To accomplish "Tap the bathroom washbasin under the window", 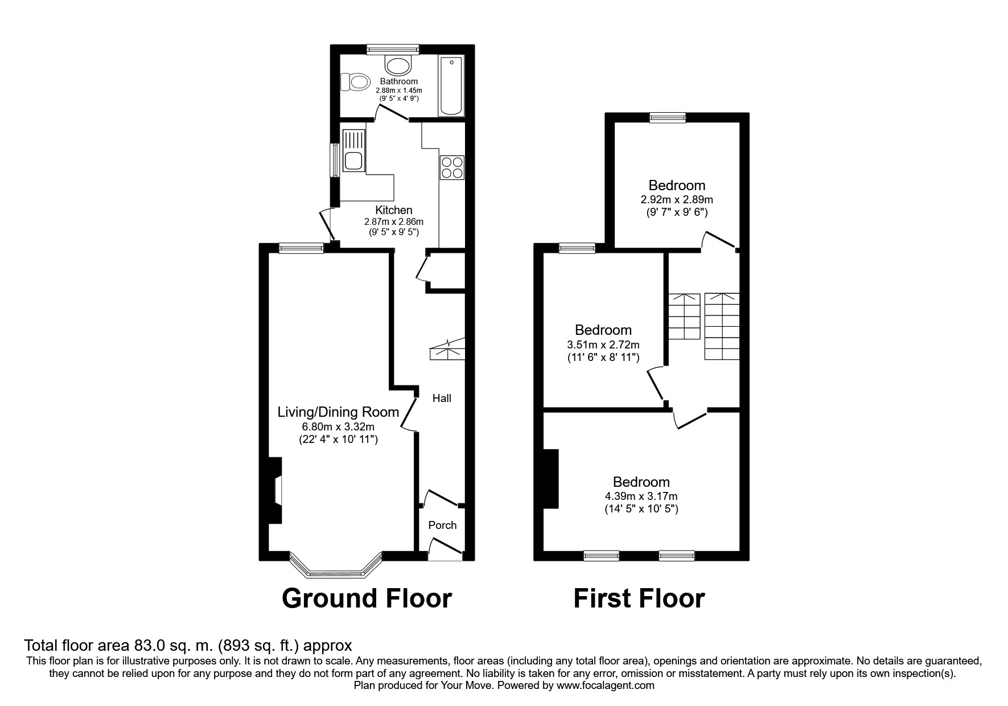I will [398, 65].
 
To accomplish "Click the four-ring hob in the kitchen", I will [452, 167].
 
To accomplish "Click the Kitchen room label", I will [393, 210].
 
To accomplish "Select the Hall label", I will [442, 398].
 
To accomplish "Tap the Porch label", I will [442, 525].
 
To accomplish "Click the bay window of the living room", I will [335, 566].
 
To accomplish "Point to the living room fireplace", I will [275, 490].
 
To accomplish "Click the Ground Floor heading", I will [367, 598].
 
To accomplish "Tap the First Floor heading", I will [639, 598].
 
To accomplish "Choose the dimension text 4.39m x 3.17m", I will [641, 496].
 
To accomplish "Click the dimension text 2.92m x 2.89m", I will [677, 200].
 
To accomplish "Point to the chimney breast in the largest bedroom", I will [551, 479].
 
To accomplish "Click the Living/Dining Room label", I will [338, 412].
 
